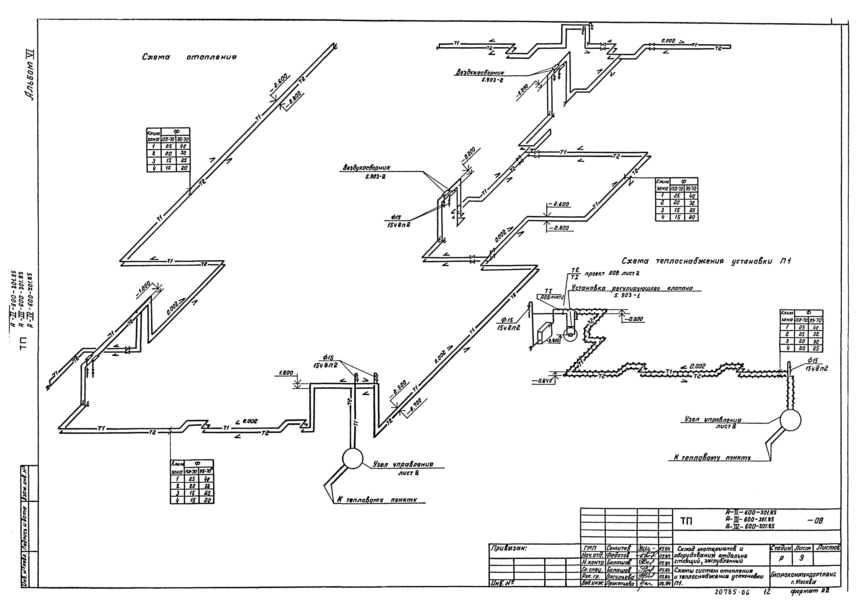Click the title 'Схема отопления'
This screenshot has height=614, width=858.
tap(189, 57)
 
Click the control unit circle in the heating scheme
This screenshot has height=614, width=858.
tap(352, 458)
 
